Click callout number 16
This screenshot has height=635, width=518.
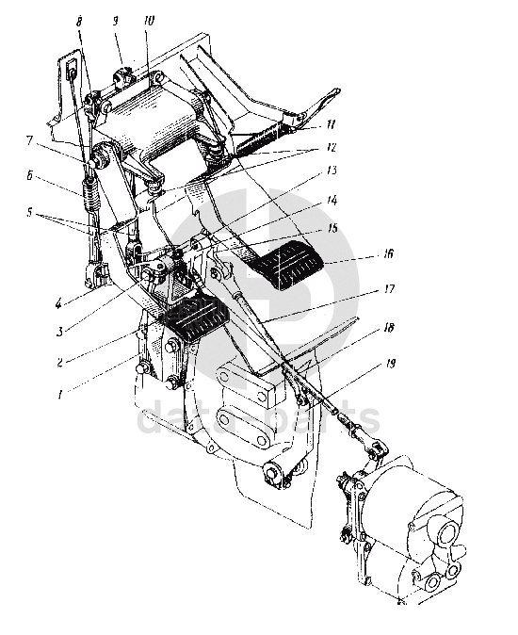point(388,254)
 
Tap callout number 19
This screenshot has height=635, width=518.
point(389,364)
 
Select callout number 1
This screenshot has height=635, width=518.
point(60,394)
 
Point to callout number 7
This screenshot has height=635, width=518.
point(29,140)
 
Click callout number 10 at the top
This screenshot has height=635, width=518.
point(149,21)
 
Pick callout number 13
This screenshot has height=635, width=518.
point(332,171)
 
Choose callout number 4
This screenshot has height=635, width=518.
point(59,302)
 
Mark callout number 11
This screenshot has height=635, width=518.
point(331,123)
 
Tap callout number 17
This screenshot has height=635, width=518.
point(389,289)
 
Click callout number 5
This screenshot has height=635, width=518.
point(29,211)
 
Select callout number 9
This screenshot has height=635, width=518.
point(115,21)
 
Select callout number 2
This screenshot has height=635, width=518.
point(60,362)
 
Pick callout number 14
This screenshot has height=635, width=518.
point(332,200)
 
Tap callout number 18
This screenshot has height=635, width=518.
point(388,327)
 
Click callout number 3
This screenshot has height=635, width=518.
point(59,332)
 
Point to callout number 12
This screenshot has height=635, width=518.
point(331,147)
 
